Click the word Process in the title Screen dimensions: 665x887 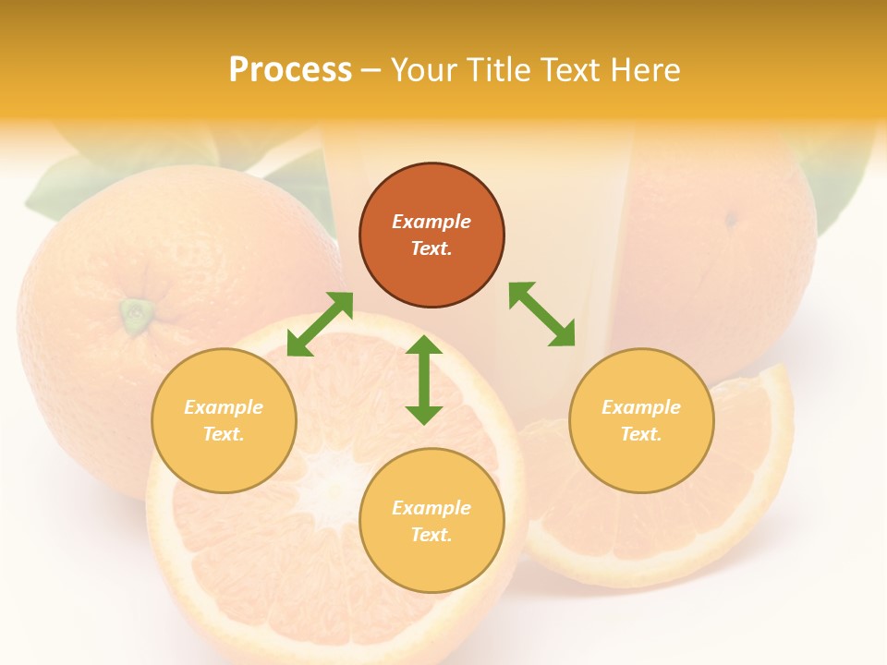coord(290,70)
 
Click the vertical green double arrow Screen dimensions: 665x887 coord(424,380)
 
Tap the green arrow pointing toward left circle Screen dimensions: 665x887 coord(320,324)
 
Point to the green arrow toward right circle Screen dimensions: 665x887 coord(541,315)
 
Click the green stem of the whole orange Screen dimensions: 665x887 coord(136,315)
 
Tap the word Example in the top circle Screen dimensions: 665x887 coord(431,222)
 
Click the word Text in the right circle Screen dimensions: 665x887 coord(640,434)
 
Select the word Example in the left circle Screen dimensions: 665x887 coord(224,407)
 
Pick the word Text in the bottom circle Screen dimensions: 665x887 coord(431,535)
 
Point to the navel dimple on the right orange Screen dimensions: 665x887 coord(731,220)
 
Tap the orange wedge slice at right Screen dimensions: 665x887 coord(739,499)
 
